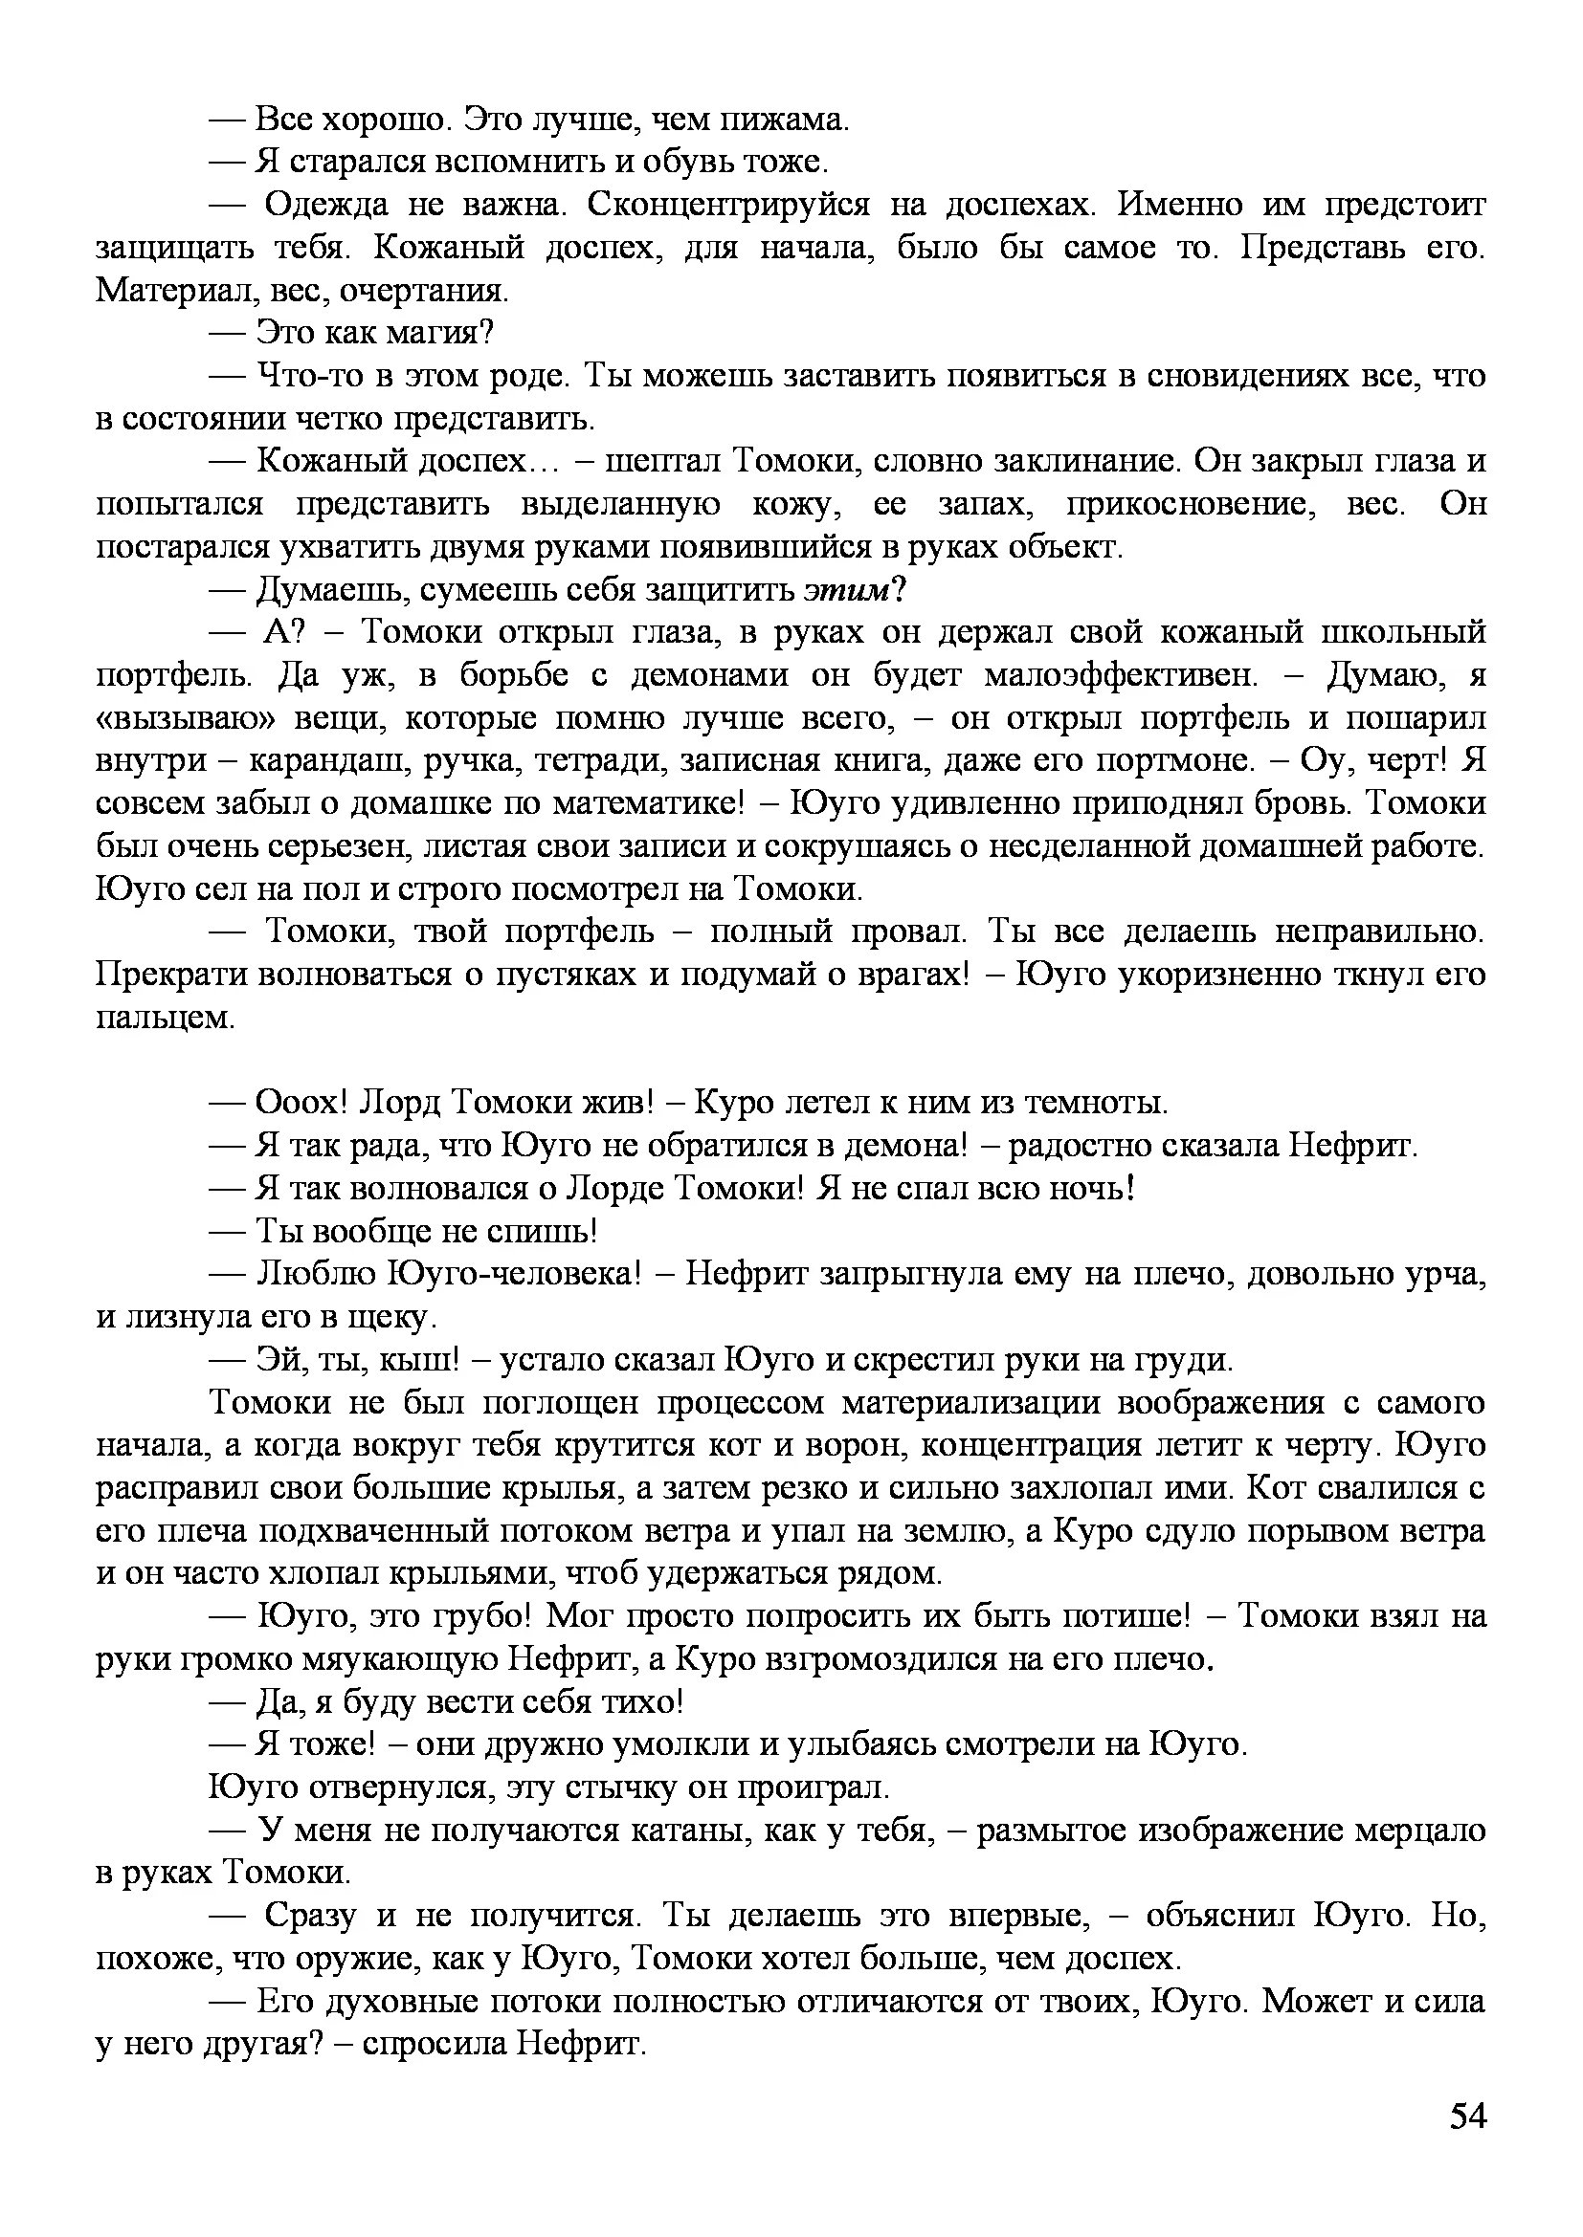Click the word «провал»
[908, 933]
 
